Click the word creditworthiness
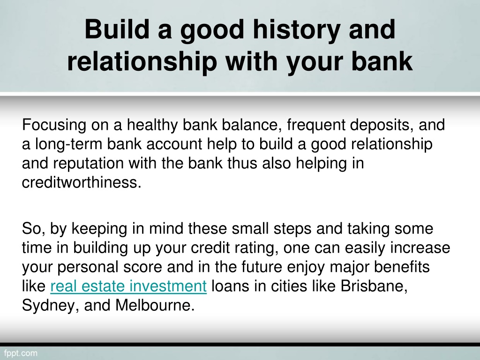point(82,182)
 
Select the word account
point(174,144)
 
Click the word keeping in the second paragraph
point(99,229)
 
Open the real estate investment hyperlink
point(128,286)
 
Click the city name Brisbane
point(374,286)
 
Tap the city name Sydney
point(48,306)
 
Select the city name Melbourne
point(155,306)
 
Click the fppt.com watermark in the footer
point(21,353)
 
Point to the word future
point(262,267)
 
